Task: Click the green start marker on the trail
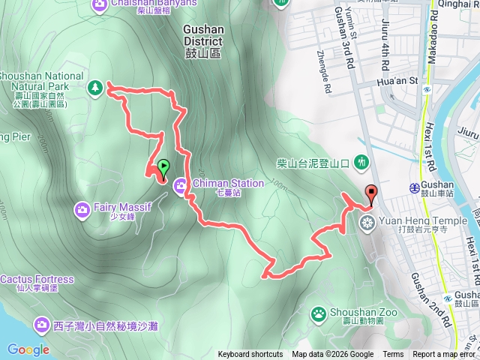coord(163,166)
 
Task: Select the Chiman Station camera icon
coord(181,186)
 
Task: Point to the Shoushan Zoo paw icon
coord(319,313)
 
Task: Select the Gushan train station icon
coord(414,187)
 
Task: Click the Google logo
coord(28,349)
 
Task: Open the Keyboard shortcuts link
coord(250,355)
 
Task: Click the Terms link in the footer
coord(393,355)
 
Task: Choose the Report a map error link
coord(445,355)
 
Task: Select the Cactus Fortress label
coord(37,280)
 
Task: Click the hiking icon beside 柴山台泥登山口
coord(362,161)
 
